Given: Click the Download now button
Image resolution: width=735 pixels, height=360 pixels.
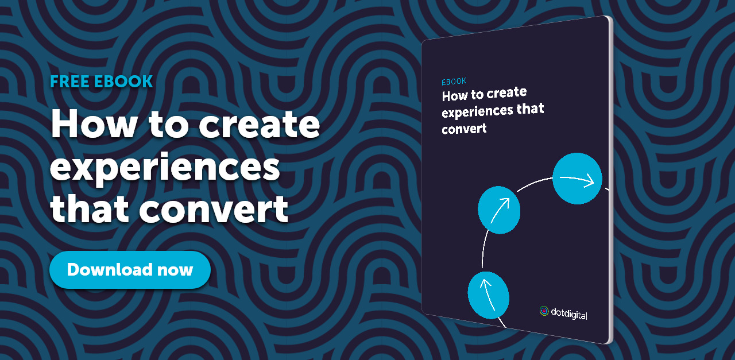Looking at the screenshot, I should [x=130, y=270].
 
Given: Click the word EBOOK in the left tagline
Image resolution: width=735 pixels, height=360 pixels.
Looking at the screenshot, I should [x=124, y=82].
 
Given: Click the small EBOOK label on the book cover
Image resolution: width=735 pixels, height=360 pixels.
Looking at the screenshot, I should [x=454, y=81].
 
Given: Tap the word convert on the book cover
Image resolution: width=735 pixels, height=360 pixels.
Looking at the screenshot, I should [x=464, y=129].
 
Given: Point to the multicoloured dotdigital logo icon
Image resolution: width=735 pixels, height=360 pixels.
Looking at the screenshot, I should [x=544, y=311].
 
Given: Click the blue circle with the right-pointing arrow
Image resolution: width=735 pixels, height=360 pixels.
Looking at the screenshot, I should [x=577, y=179].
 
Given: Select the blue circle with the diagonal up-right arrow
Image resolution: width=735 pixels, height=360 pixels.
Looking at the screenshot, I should [x=499, y=210].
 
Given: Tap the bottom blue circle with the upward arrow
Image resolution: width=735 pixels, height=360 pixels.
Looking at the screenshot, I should [x=488, y=295].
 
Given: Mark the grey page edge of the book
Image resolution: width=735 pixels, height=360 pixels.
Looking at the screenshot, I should [x=610, y=184].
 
